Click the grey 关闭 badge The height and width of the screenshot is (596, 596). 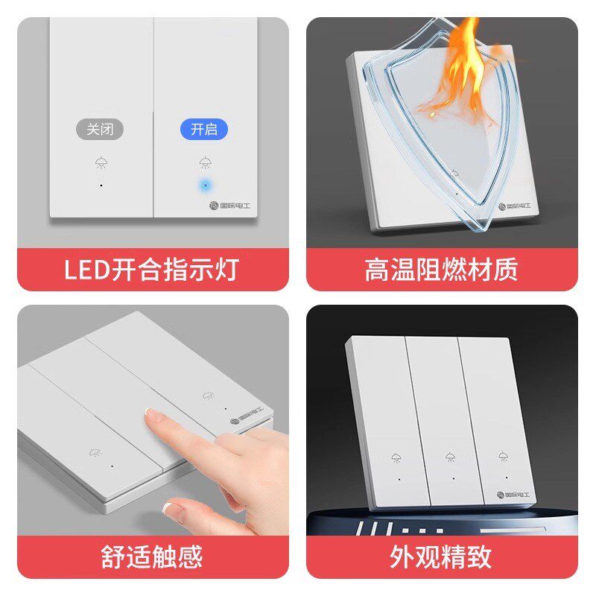(100, 129)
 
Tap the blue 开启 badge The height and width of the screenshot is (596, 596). (203, 129)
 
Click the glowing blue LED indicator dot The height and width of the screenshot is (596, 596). (204, 183)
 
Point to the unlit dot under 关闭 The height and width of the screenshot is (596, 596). (100, 183)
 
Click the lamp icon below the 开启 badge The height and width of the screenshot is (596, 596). (204, 162)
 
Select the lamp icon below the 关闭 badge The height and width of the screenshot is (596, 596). (100, 162)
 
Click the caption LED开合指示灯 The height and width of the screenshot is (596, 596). (151, 269)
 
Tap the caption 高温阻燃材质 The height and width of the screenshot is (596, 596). (441, 269)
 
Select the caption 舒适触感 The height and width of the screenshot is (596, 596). (151, 557)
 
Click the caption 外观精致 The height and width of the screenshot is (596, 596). (441, 557)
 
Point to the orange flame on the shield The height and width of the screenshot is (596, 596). (457, 71)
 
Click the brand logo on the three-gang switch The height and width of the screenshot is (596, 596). (510, 493)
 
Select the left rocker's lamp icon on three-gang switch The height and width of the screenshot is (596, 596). (396, 457)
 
